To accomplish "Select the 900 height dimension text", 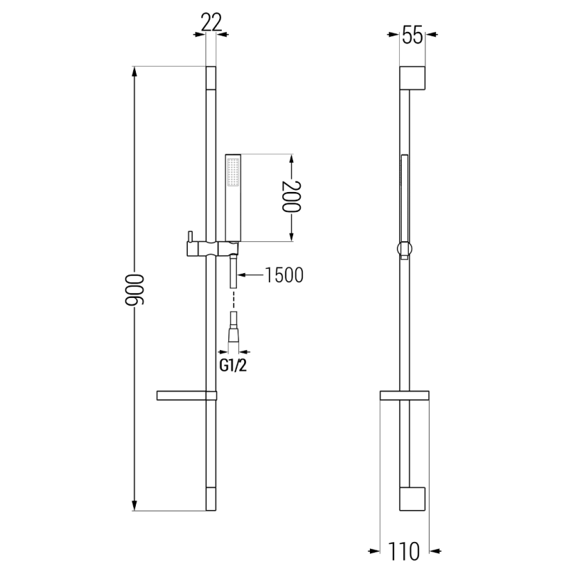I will (133, 289).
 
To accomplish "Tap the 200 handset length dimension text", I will (291, 197).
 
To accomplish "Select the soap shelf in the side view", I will (404, 395).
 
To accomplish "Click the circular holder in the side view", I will (404, 249).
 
